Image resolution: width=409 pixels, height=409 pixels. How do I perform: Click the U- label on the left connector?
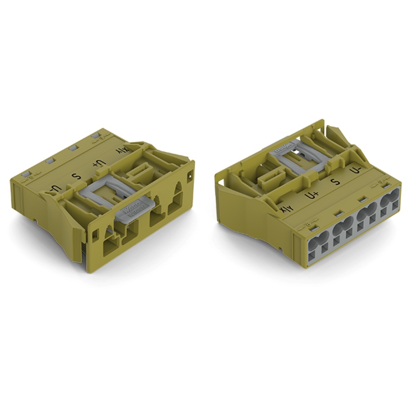[x=56, y=190]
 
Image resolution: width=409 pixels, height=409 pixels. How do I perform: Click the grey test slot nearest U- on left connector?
[x=26, y=173]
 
